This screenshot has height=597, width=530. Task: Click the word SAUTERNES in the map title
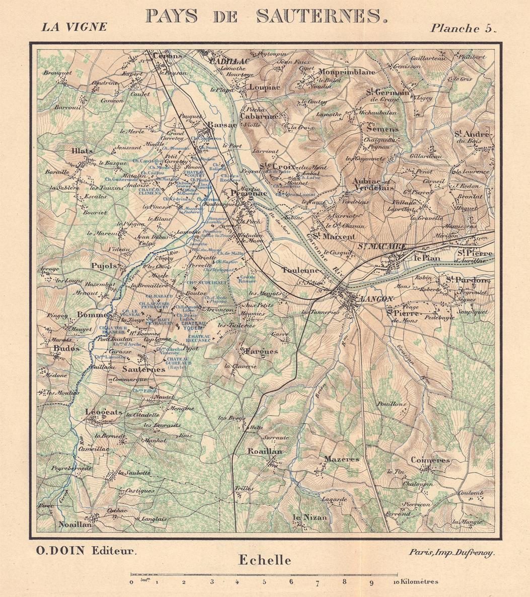tap(322, 16)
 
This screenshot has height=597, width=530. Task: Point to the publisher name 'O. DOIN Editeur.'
tap(86, 550)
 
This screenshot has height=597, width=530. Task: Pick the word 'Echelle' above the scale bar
tap(265, 560)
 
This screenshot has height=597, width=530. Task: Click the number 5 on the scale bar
tap(264, 582)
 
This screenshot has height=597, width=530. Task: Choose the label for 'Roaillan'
tap(265, 452)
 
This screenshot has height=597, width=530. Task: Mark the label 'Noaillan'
tap(75, 524)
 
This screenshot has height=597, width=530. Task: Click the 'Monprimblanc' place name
tap(347, 71)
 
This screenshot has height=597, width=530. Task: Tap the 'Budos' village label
tap(66, 348)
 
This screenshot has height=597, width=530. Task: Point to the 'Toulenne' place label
tap(300, 270)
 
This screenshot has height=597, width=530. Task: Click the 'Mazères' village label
tap(341, 459)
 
